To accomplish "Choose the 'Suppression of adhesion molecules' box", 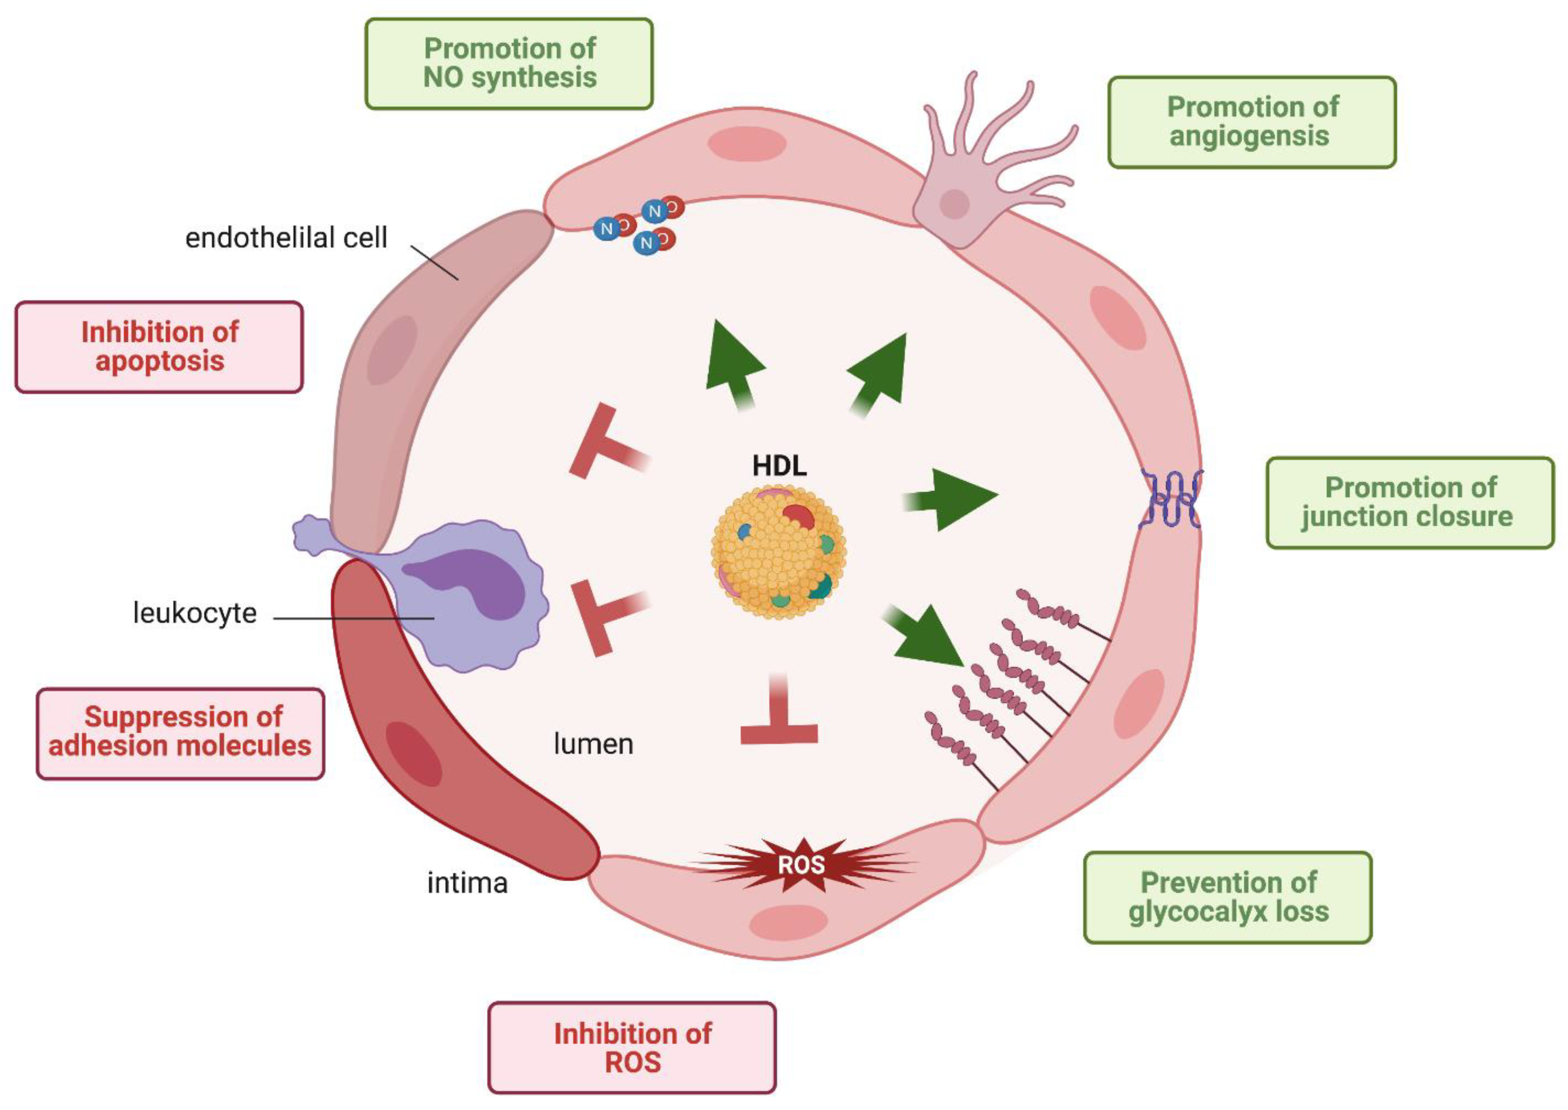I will pyautogui.click(x=180, y=733).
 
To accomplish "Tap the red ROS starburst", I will pyautogui.click(x=801, y=865).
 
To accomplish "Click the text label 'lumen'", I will pyautogui.click(x=592, y=744).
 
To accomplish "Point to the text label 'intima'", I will pyautogui.click(x=467, y=883).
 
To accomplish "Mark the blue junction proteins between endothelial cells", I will pyautogui.click(x=1170, y=499).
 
